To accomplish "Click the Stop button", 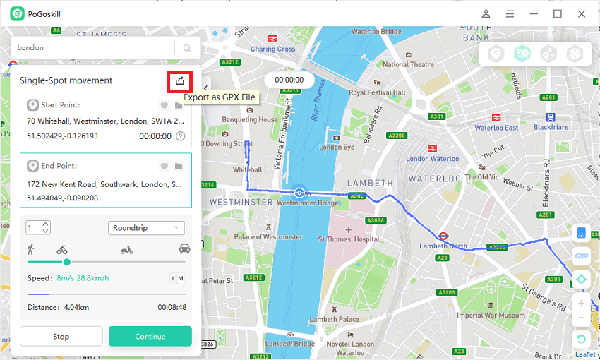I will (x=61, y=336).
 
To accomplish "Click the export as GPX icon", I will (x=180, y=81).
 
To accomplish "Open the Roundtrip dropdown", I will (x=147, y=228).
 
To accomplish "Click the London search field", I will (x=92, y=47).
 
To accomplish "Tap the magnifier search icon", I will (x=187, y=48).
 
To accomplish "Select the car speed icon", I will (x=185, y=248).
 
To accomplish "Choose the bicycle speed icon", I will (x=62, y=249).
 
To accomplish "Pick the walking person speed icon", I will (x=31, y=249).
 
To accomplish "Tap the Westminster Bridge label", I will (x=308, y=203).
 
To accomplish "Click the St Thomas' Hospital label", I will (x=349, y=239).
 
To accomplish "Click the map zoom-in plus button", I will (x=581, y=304).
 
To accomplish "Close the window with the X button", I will (x=582, y=13).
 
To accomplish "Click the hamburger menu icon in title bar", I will (x=510, y=13).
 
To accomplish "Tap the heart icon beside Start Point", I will (x=164, y=105).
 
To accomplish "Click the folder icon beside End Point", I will (x=179, y=166).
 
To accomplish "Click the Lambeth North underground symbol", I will (x=443, y=236).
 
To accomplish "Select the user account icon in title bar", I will (x=486, y=13).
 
